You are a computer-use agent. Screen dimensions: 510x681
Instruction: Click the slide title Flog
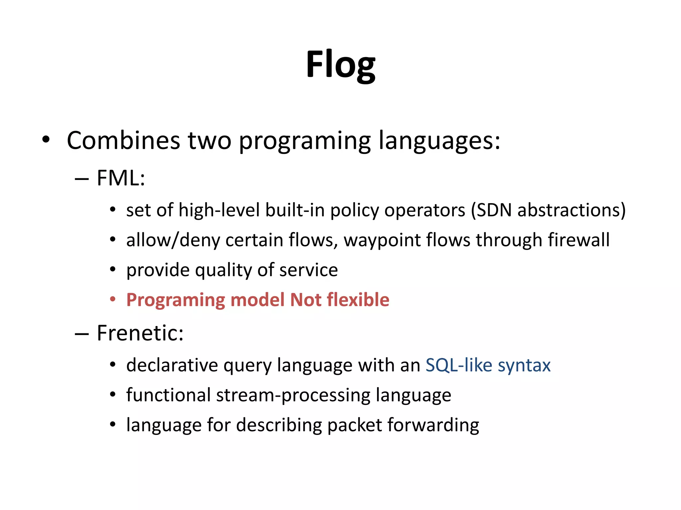tap(340, 65)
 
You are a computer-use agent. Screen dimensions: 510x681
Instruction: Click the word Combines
tap(123, 141)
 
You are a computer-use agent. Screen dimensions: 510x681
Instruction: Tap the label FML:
tap(121, 178)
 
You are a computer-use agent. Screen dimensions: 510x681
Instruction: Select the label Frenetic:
tap(140, 333)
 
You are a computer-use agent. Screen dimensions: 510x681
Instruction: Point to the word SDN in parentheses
tap(494, 211)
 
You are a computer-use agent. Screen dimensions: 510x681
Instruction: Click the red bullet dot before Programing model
tap(113, 299)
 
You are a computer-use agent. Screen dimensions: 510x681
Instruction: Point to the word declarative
tap(172, 365)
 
